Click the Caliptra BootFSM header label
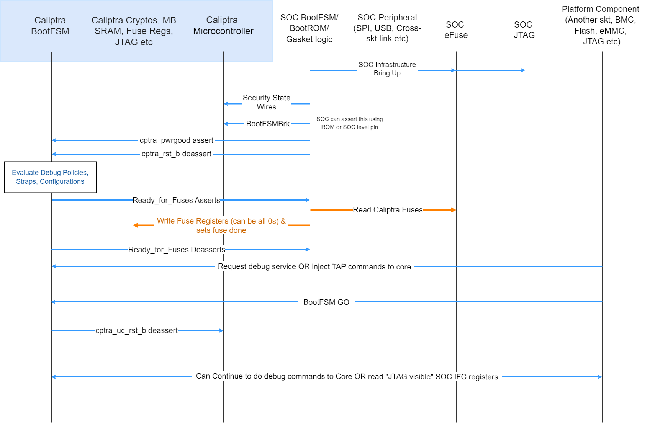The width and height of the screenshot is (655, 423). click(50, 26)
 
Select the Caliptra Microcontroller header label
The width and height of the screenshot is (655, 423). click(223, 26)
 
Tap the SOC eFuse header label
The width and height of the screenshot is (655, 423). click(456, 30)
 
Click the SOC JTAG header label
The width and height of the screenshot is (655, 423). click(524, 30)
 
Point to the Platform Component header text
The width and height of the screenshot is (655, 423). click(600, 25)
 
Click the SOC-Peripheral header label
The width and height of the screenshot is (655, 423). click(387, 28)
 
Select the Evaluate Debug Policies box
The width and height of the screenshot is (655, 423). click(50, 177)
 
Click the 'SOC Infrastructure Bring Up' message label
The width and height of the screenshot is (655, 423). click(387, 69)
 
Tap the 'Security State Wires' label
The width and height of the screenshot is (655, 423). click(267, 103)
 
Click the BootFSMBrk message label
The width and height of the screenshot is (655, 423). click(268, 124)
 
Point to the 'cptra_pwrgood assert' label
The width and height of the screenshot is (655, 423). click(177, 140)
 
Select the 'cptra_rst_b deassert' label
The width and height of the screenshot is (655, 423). click(177, 154)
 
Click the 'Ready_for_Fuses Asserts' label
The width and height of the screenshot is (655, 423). click(176, 200)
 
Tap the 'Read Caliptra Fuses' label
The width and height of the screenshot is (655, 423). click(388, 210)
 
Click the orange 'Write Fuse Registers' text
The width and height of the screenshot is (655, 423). click(221, 225)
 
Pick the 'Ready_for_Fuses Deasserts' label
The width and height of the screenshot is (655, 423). click(177, 250)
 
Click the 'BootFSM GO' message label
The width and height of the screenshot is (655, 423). click(326, 302)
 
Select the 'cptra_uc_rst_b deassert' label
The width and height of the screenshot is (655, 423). click(136, 330)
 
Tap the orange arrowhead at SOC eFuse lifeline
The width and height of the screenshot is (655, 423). click(454, 210)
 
